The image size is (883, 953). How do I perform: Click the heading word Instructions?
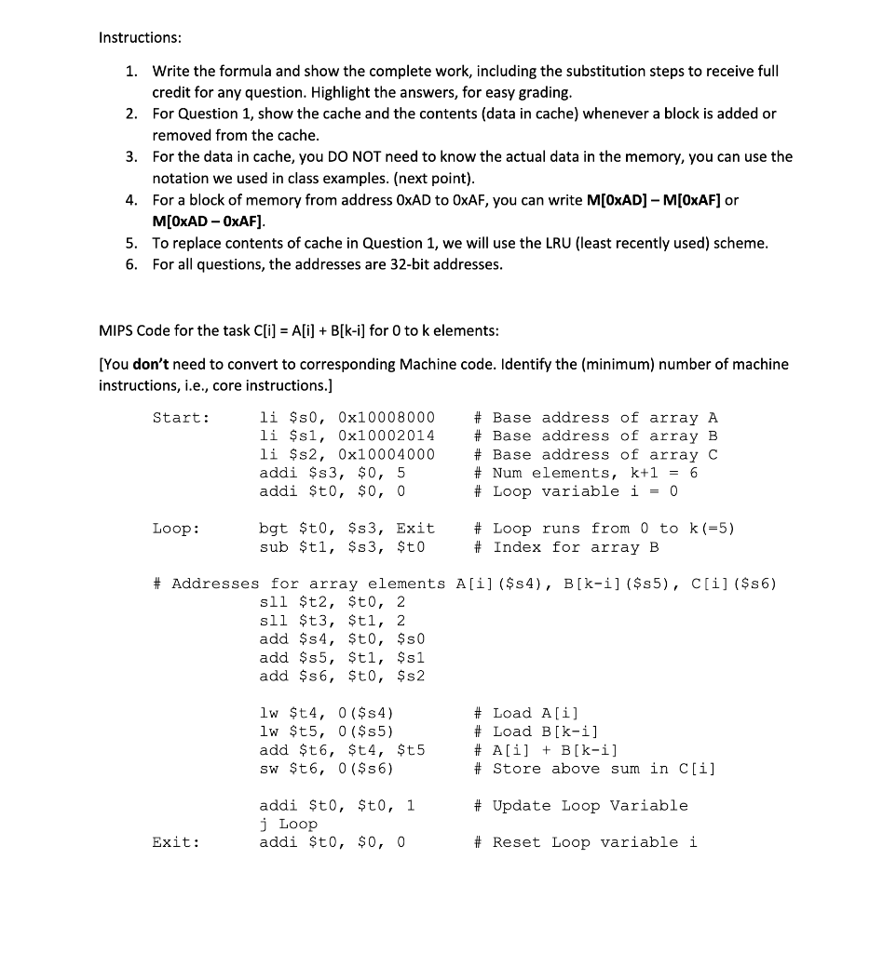tap(140, 37)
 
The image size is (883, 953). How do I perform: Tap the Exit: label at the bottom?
tap(176, 842)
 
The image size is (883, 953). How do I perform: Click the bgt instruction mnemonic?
tap(274, 529)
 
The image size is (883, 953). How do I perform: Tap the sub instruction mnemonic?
tap(274, 546)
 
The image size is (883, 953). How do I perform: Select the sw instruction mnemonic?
tap(269, 768)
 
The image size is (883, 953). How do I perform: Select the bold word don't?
tap(150, 364)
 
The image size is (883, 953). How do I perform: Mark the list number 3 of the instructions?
tap(130, 156)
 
